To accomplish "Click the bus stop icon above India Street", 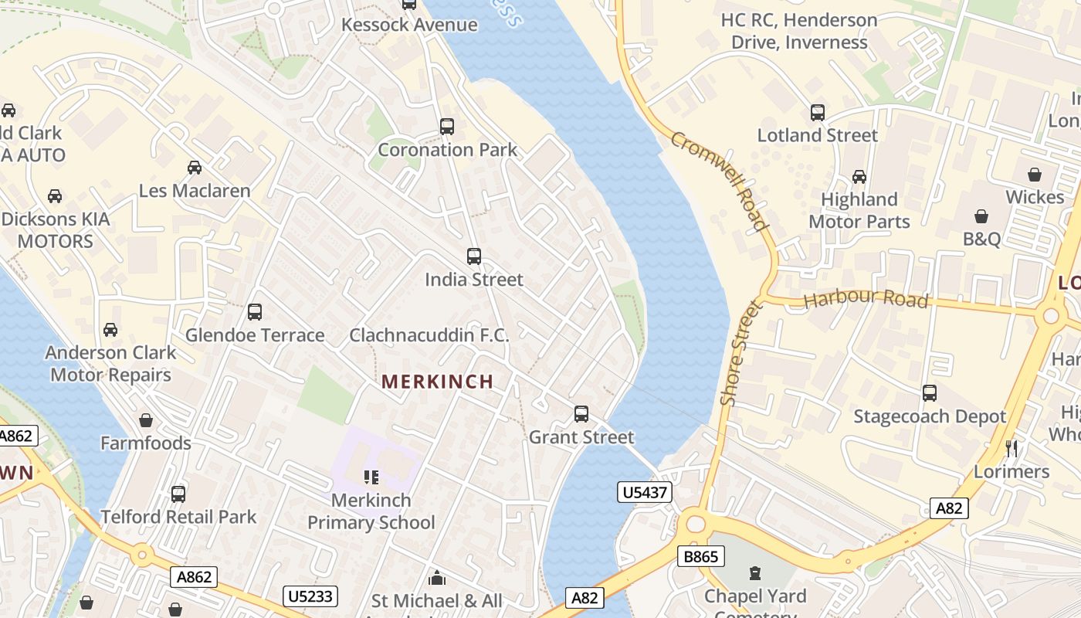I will coord(474,256).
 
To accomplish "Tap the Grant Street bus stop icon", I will coord(581,414).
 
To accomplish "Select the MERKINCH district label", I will coord(438,382).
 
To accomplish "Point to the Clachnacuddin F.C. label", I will coord(429,335).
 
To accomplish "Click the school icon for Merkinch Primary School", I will coord(371,477).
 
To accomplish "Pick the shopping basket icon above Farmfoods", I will coord(146,420).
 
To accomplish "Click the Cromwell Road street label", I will coord(720,182).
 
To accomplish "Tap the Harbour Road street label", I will coord(866,298).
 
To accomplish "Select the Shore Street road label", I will coord(740,353).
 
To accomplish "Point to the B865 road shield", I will coord(701,556).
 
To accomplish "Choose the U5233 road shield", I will coord(310,596).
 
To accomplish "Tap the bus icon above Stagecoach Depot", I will coord(930,393).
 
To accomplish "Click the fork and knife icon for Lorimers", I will coord(1012,448).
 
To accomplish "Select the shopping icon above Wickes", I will coord(1035,175).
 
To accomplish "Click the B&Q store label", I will coord(981,239).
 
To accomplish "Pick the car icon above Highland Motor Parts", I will coord(859,177).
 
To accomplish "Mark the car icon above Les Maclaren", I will coord(195,168).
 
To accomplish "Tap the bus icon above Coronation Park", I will coord(447,127).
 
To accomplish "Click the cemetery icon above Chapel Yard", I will coord(755,573).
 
